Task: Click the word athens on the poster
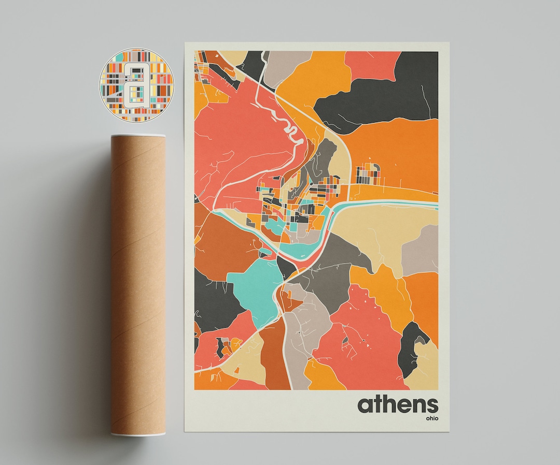point(397,404)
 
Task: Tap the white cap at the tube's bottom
point(138,432)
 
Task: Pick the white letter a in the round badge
point(136,85)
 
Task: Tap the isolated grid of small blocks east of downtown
point(368,174)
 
